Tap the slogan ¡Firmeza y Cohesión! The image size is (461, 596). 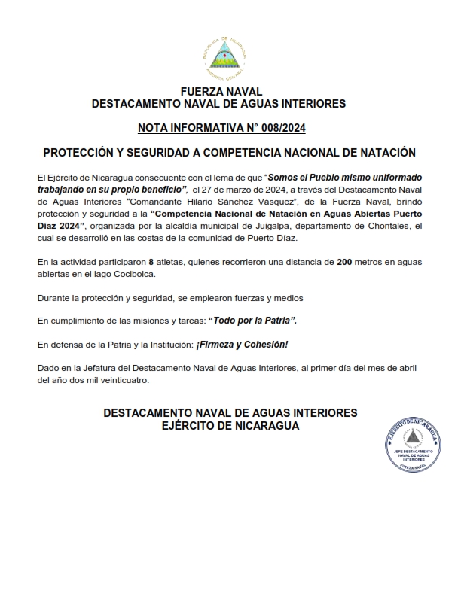pos(243,344)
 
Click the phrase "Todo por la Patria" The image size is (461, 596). pos(252,321)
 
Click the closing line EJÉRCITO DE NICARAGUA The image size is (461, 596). pos(230,426)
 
